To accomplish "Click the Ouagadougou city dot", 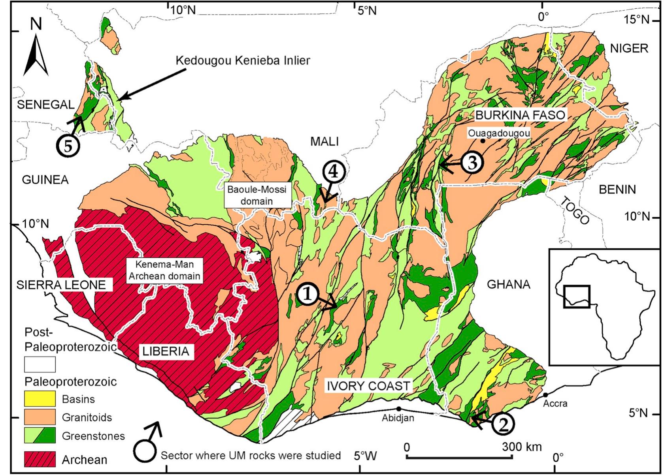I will pyautogui.click(x=483, y=141).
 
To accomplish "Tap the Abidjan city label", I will pyautogui.click(x=398, y=418).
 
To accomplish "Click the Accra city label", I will pyautogui.click(x=555, y=404).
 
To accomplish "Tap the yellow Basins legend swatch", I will pyautogui.click(x=40, y=398).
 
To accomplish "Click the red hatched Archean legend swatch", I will pyautogui.click(x=40, y=459).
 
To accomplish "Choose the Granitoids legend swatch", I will pyautogui.click(x=40, y=417).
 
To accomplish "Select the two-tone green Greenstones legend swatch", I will pyautogui.click(x=40, y=436).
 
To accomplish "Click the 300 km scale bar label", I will pyautogui.click(x=522, y=447).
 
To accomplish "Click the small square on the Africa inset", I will pyautogui.click(x=577, y=297).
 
